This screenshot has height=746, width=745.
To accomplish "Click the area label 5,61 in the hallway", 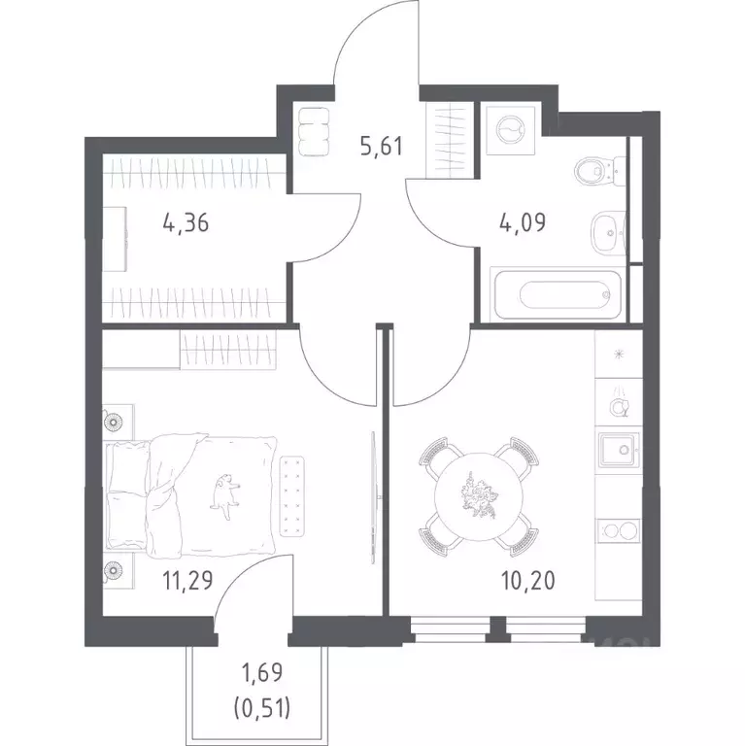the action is click(382, 146).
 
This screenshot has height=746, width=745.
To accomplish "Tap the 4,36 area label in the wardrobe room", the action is click(186, 222).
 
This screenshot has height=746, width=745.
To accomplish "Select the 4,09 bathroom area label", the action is click(523, 222).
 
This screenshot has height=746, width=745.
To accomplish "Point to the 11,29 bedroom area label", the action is click(187, 581).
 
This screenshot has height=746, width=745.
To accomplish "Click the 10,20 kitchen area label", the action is click(528, 581).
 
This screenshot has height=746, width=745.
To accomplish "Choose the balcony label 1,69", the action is click(261, 673).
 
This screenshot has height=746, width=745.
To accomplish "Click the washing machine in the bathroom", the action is click(511, 130).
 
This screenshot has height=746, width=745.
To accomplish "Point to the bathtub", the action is click(559, 295).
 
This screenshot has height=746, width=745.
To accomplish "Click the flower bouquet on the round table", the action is click(479, 496).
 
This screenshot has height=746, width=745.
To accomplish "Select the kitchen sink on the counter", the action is click(618, 450).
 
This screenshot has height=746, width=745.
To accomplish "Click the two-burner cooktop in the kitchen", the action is click(618, 531).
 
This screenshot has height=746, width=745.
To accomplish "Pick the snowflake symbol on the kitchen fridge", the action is click(619, 354).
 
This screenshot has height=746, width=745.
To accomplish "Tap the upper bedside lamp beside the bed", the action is click(115, 422).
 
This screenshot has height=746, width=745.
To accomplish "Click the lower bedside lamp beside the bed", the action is click(114, 569).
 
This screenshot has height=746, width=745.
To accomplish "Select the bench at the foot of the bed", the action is click(291, 496).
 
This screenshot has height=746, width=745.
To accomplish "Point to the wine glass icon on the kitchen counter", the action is click(620, 403).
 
